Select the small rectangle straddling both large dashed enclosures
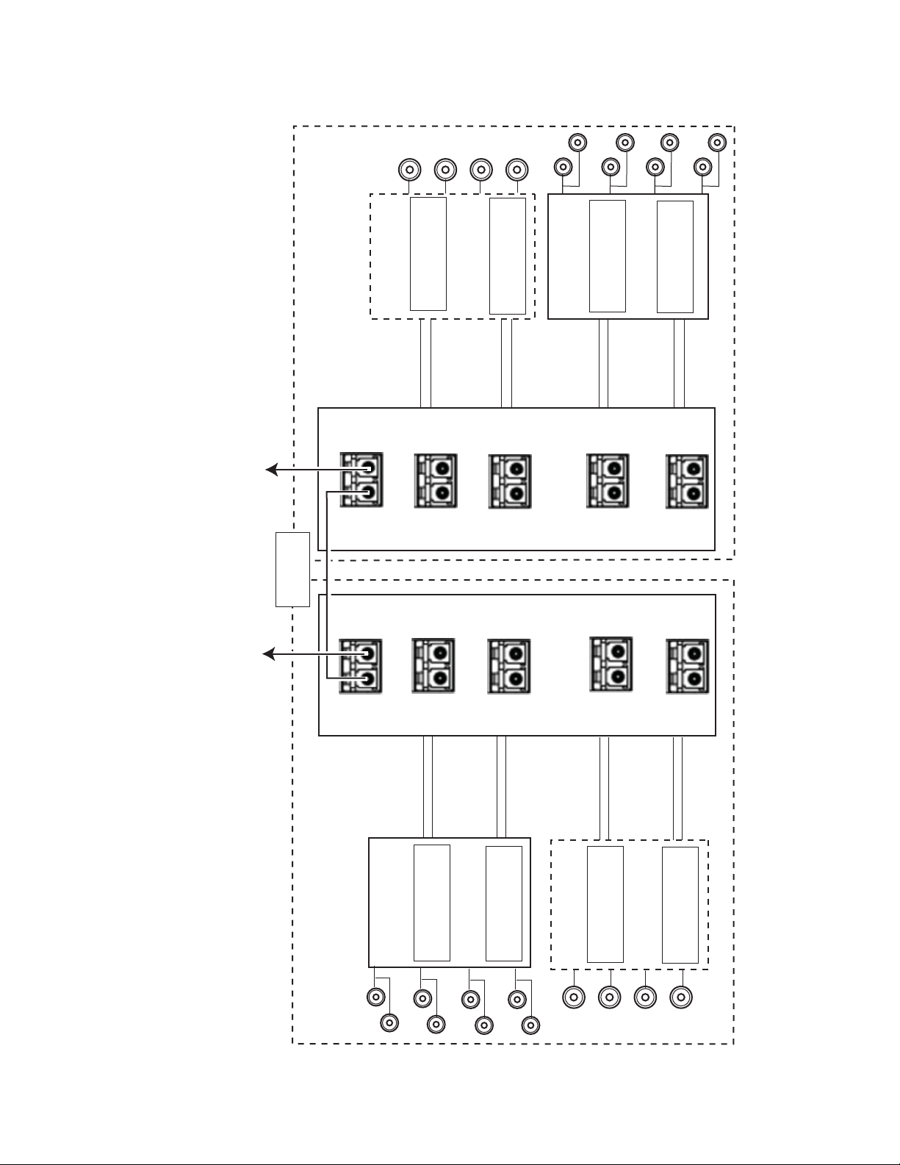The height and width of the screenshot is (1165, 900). point(292,570)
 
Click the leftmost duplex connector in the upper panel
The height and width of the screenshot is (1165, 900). point(361,479)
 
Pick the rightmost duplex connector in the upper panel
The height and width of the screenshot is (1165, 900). point(687,481)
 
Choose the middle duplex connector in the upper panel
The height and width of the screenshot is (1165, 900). point(510,481)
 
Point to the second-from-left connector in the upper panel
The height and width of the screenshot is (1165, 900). point(436,481)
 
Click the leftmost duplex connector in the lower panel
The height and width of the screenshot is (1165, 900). point(360,666)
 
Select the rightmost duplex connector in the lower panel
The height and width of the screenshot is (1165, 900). point(687,666)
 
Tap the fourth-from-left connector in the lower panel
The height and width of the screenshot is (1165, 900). point(611,664)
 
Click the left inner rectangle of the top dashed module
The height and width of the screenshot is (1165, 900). point(428,254)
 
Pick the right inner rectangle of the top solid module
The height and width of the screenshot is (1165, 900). point(674,257)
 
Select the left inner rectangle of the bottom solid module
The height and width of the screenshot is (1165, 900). point(432,903)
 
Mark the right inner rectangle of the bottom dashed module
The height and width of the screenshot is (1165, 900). point(680,905)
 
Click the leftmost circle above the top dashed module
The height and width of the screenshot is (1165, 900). point(408,170)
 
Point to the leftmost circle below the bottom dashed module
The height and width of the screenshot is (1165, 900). point(574,997)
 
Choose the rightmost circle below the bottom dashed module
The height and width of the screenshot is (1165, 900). point(682,997)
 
